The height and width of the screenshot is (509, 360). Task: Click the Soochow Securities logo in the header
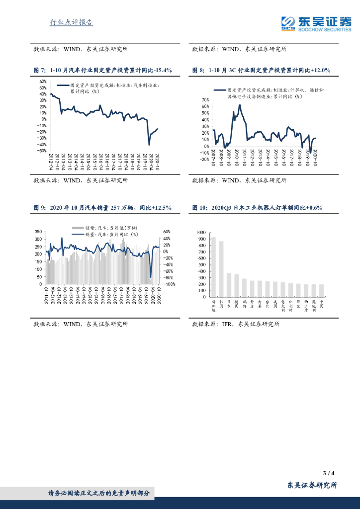(316, 23)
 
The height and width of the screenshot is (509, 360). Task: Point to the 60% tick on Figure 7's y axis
(43, 82)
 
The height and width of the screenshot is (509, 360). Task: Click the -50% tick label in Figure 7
(42, 151)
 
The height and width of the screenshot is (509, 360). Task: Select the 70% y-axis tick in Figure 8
(205, 100)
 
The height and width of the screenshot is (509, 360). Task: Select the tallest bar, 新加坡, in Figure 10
(213, 266)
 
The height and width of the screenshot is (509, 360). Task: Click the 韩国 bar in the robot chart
(221, 269)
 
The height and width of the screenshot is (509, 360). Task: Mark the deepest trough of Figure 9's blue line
(151, 277)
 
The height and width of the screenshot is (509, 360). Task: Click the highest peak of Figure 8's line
(240, 105)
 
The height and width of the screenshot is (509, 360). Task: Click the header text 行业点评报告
(72, 22)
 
